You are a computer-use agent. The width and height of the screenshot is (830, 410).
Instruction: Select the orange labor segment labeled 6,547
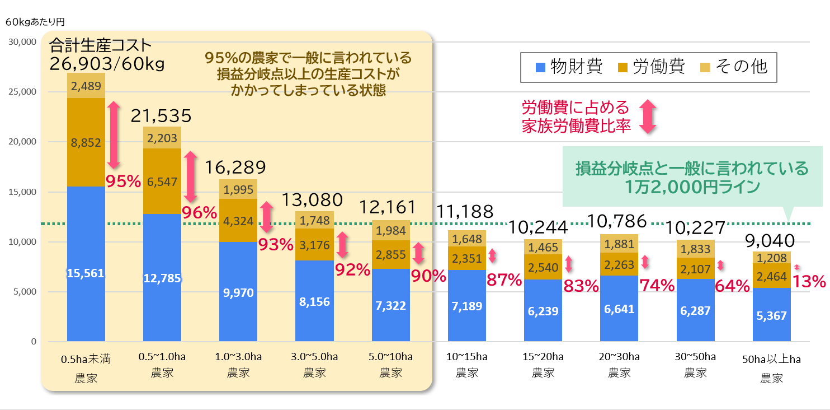point(162,181)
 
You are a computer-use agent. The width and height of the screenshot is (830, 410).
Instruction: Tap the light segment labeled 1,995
point(238,189)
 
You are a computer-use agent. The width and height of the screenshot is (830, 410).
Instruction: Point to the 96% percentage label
point(199,212)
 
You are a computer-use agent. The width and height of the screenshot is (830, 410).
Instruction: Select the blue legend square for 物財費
point(540,67)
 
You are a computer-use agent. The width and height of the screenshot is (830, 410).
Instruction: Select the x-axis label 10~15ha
point(466,357)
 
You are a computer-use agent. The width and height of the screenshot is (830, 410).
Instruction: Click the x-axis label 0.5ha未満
point(86,359)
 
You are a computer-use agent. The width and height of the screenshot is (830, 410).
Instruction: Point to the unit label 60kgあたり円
point(35,22)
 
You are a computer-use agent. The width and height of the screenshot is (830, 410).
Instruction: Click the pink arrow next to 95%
point(114,134)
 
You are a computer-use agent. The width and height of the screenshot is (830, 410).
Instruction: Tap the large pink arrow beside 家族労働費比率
point(647,117)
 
